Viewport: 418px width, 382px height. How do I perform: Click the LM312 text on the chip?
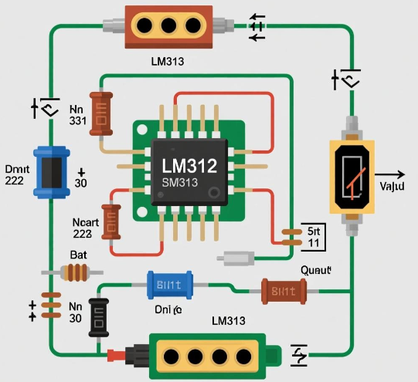point(189,165)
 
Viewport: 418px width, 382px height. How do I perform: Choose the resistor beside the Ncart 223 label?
point(113,224)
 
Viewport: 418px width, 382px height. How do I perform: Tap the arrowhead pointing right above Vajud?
point(399,174)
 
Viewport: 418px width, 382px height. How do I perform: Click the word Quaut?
point(314,270)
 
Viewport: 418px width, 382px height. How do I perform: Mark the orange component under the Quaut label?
point(284,291)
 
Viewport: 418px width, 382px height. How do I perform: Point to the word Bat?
point(80,255)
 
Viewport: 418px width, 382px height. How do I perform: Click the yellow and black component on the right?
point(352,176)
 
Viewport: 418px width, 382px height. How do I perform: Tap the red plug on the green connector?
point(117,356)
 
